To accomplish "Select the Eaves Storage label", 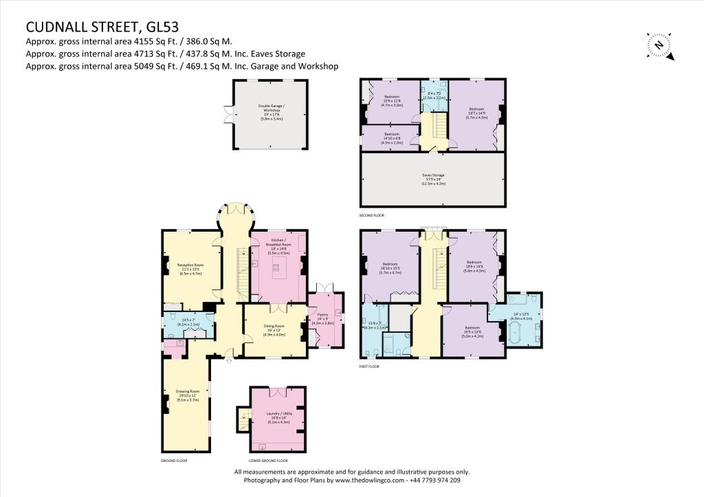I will pyautogui.click(x=433, y=179).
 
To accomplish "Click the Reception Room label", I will pyautogui.click(x=190, y=269).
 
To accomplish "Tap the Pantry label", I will pyautogui.click(x=323, y=318).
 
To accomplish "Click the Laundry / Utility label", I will pyautogui.click(x=278, y=417).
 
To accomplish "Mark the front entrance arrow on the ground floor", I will pyautogui.click(x=230, y=359).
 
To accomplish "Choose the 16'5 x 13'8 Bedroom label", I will pyautogui.click(x=473, y=332).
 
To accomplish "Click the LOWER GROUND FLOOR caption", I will pyautogui.click(x=268, y=461).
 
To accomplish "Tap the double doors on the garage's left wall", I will pyautogui.click(x=230, y=113).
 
